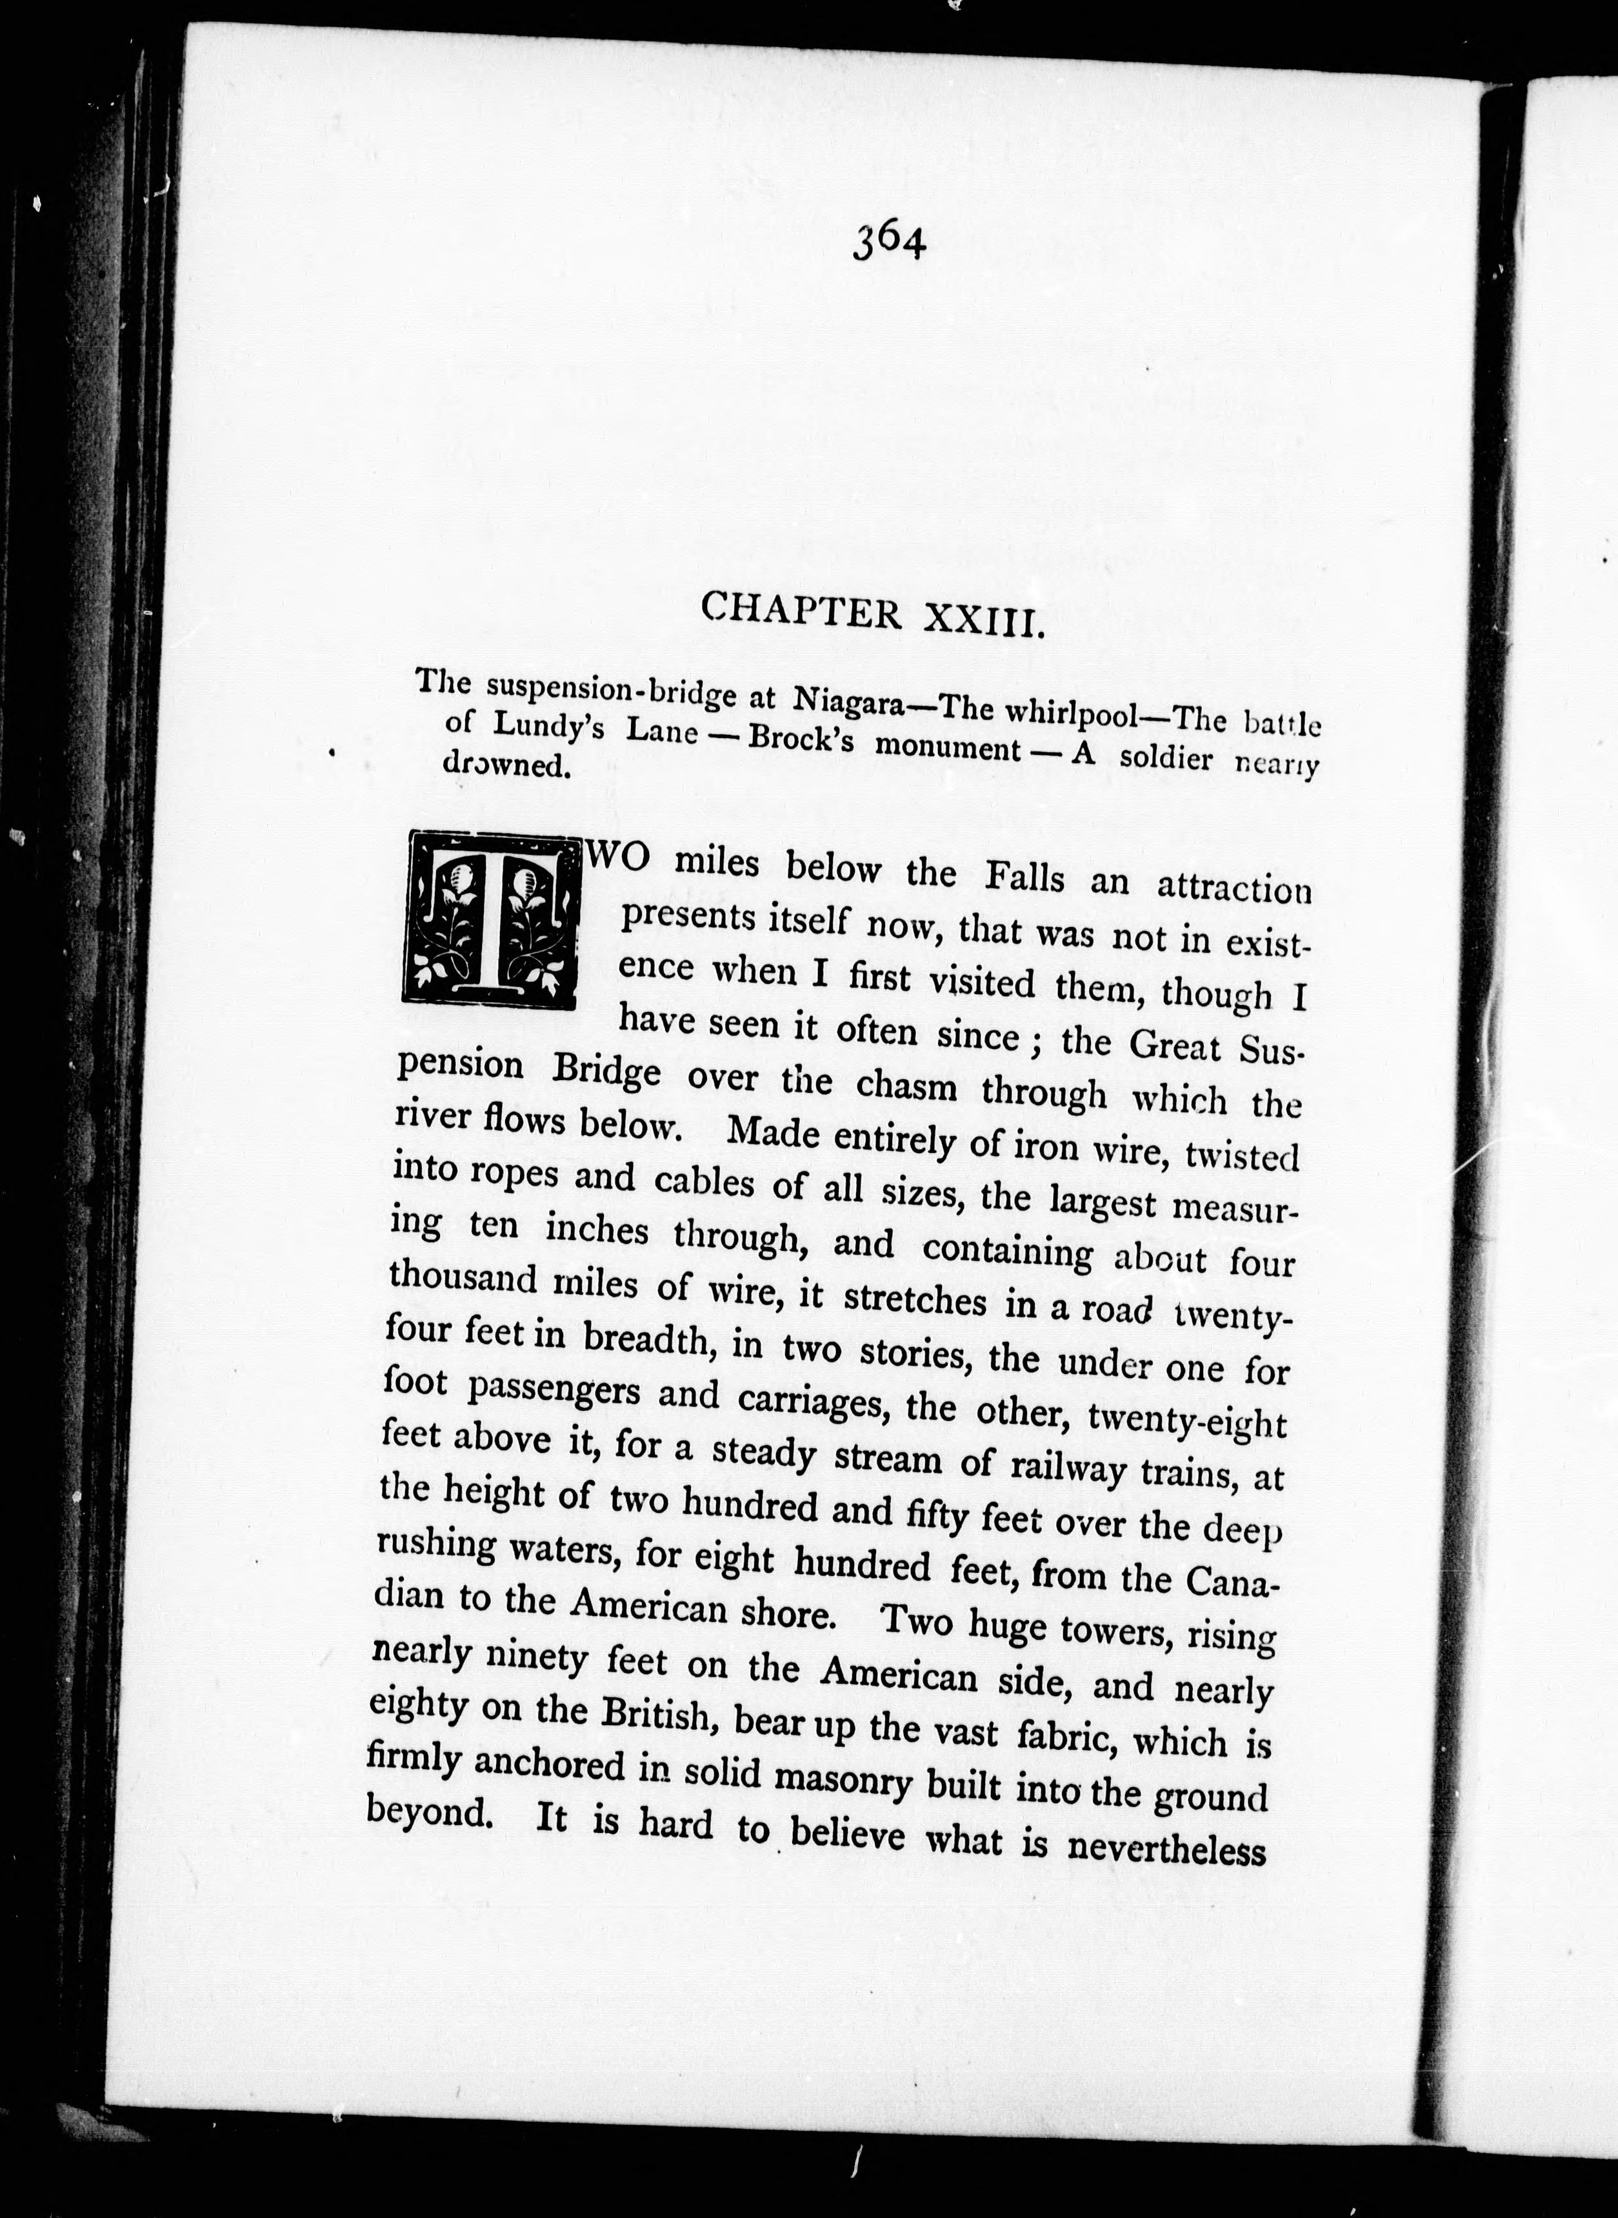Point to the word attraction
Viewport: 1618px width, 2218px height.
tap(1233, 888)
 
